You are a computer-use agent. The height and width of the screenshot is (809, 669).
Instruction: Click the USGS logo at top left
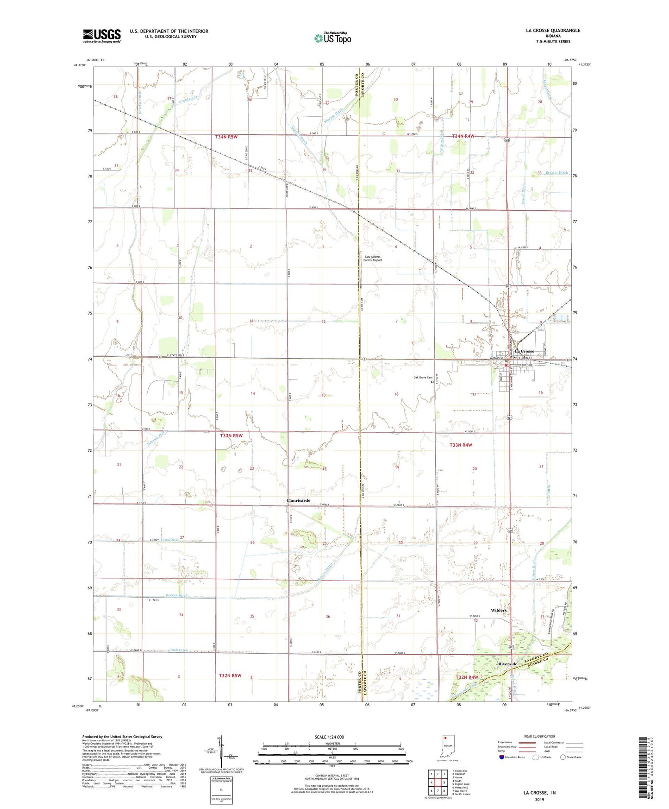click(x=102, y=36)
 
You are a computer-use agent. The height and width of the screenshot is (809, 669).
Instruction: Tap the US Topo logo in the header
click(x=332, y=38)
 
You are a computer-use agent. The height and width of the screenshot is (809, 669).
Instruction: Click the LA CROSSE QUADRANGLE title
click(x=553, y=31)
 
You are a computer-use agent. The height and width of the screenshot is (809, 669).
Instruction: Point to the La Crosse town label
click(x=525, y=351)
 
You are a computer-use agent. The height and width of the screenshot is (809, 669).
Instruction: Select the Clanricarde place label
click(x=298, y=500)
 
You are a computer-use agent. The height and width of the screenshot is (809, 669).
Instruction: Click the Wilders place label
click(x=499, y=610)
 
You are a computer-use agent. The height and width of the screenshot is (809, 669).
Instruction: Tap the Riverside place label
click(x=507, y=664)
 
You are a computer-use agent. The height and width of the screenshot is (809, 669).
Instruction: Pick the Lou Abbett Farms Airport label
click(x=373, y=259)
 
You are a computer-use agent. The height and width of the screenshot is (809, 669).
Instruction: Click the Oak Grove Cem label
click(x=423, y=378)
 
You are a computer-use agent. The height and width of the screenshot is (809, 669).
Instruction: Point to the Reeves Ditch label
click(x=177, y=595)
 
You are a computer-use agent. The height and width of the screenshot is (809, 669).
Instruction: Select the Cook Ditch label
click(x=179, y=650)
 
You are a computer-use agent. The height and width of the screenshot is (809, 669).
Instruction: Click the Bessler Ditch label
click(x=556, y=173)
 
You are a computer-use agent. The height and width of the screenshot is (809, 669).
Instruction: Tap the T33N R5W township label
click(x=231, y=436)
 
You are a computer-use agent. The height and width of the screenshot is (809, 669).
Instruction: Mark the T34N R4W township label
click(x=463, y=136)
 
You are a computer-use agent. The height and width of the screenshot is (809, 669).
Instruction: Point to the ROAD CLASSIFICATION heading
click(x=539, y=736)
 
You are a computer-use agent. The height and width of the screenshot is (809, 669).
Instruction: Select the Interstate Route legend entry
click(x=512, y=757)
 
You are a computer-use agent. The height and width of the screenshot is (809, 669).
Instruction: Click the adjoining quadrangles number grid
click(x=438, y=784)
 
